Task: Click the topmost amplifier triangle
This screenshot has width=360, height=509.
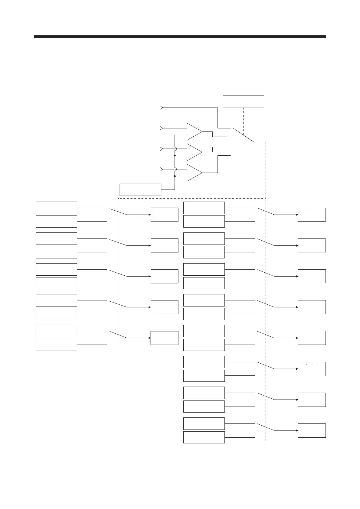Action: pos(194,131)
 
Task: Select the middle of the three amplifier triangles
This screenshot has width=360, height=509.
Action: pos(194,152)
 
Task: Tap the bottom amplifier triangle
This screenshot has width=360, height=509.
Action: pos(194,173)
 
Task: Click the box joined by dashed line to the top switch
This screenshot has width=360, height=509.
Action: pos(243,102)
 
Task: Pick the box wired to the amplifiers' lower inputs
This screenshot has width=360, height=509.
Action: pos(140,190)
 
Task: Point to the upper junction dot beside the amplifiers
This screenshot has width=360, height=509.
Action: pos(175,156)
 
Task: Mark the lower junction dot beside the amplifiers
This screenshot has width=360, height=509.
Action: pos(175,176)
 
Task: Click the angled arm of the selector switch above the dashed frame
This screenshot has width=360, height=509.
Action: pos(243,135)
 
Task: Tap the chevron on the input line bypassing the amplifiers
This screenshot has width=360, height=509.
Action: pos(162,108)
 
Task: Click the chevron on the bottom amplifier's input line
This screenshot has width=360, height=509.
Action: pos(162,169)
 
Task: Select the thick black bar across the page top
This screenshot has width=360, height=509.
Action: pos(180,37)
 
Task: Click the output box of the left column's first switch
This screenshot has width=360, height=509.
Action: pos(164,215)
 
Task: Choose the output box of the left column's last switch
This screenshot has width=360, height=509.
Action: pos(164,338)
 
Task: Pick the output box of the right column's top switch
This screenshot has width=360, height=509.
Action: pos(312,215)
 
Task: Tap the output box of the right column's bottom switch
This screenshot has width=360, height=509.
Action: pos(312,430)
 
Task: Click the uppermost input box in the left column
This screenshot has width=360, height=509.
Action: pos(56,208)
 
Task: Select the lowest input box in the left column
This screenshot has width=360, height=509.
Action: pos(56,345)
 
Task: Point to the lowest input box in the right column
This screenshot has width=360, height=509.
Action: pos(204,437)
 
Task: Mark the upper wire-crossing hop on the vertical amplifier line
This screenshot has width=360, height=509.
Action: pos(175,149)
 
